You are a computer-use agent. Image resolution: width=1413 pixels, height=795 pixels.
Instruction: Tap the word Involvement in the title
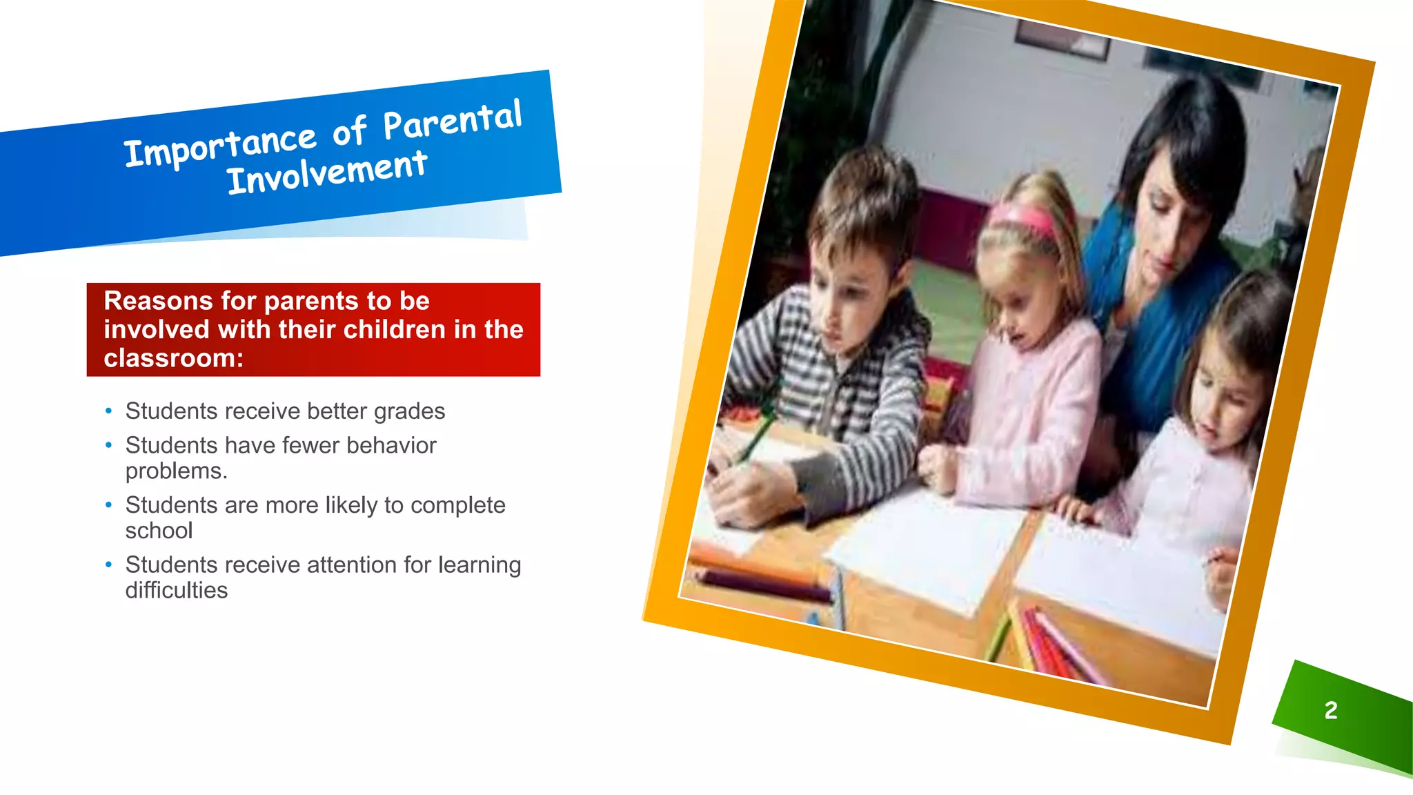point(327,173)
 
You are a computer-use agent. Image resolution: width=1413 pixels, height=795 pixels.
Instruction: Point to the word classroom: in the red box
point(173,358)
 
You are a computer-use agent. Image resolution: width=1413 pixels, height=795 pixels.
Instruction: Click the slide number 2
point(1331,710)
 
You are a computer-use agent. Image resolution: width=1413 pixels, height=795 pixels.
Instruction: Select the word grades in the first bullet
point(409,411)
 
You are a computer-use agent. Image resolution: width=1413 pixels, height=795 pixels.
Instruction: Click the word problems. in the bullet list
point(176,471)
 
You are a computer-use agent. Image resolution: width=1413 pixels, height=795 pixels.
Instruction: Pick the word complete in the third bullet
point(457,505)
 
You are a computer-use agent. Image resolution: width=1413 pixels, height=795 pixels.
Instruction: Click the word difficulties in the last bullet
point(176,591)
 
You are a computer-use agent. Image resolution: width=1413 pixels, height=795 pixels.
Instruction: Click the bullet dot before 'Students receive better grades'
point(108,411)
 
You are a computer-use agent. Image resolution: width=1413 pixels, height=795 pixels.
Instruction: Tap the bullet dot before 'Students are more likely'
point(108,505)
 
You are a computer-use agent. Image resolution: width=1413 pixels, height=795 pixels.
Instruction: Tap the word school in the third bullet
point(159,531)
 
